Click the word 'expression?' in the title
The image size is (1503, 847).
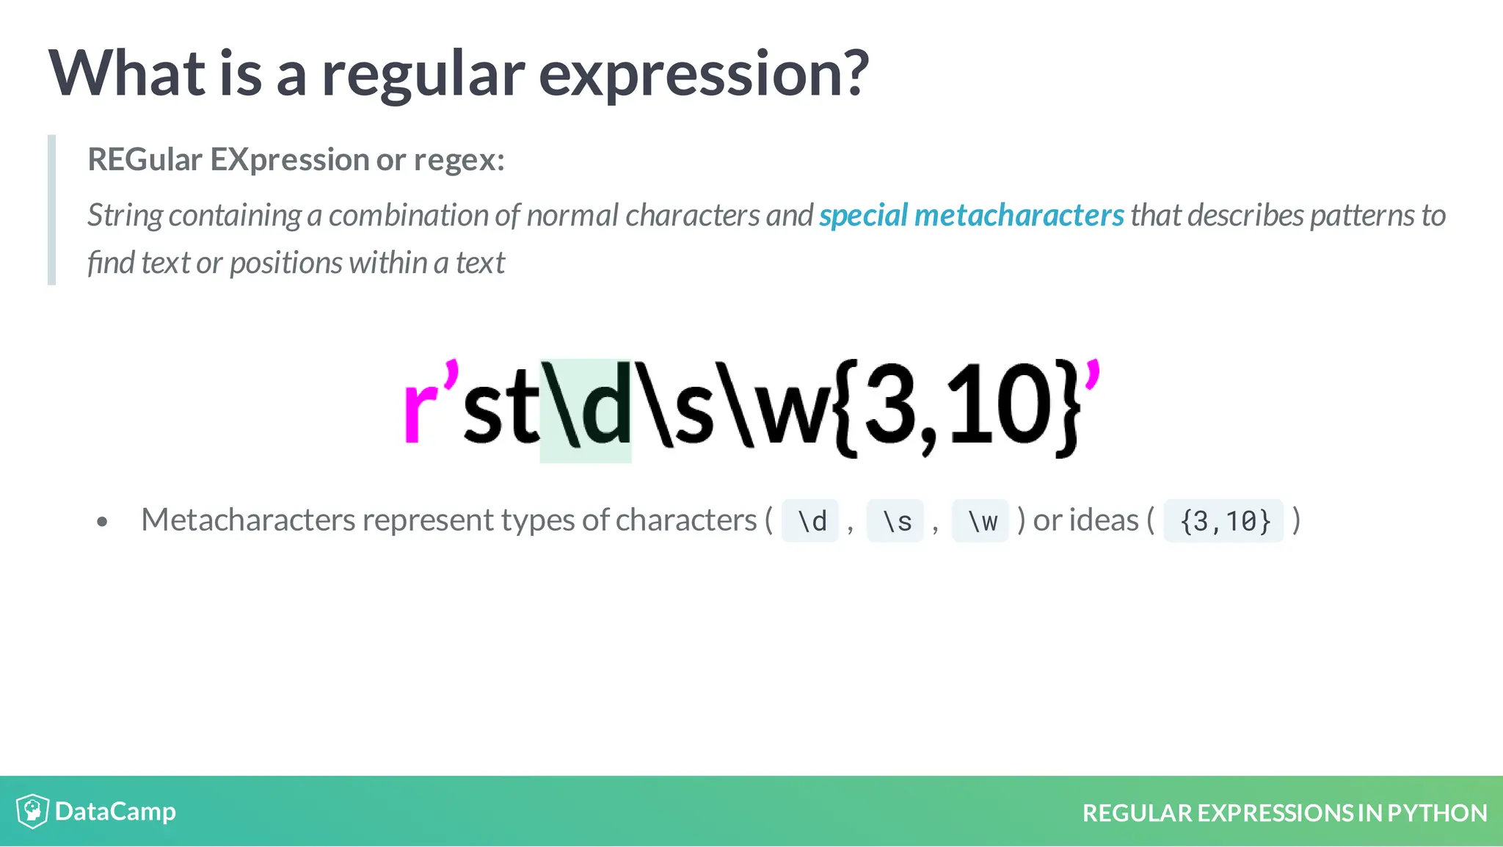[x=703, y=75]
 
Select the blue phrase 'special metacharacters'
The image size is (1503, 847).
[x=971, y=216]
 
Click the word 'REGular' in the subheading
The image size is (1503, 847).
[x=145, y=160]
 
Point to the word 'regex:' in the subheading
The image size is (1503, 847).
[x=459, y=160]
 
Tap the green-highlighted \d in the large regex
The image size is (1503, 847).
[x=586, y=410]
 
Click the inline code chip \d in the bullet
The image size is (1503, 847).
[x=811, y=521]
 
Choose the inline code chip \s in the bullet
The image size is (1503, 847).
[x=896, y=521]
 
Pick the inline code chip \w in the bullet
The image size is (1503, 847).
[x=981, y=521]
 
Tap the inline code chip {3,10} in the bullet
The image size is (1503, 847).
[x=1224, y=521]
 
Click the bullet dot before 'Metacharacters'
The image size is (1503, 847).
[x=102, y=522]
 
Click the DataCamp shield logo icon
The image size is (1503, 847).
[x=32, y=811]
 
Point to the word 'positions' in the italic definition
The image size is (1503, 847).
[x=285, y=263]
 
